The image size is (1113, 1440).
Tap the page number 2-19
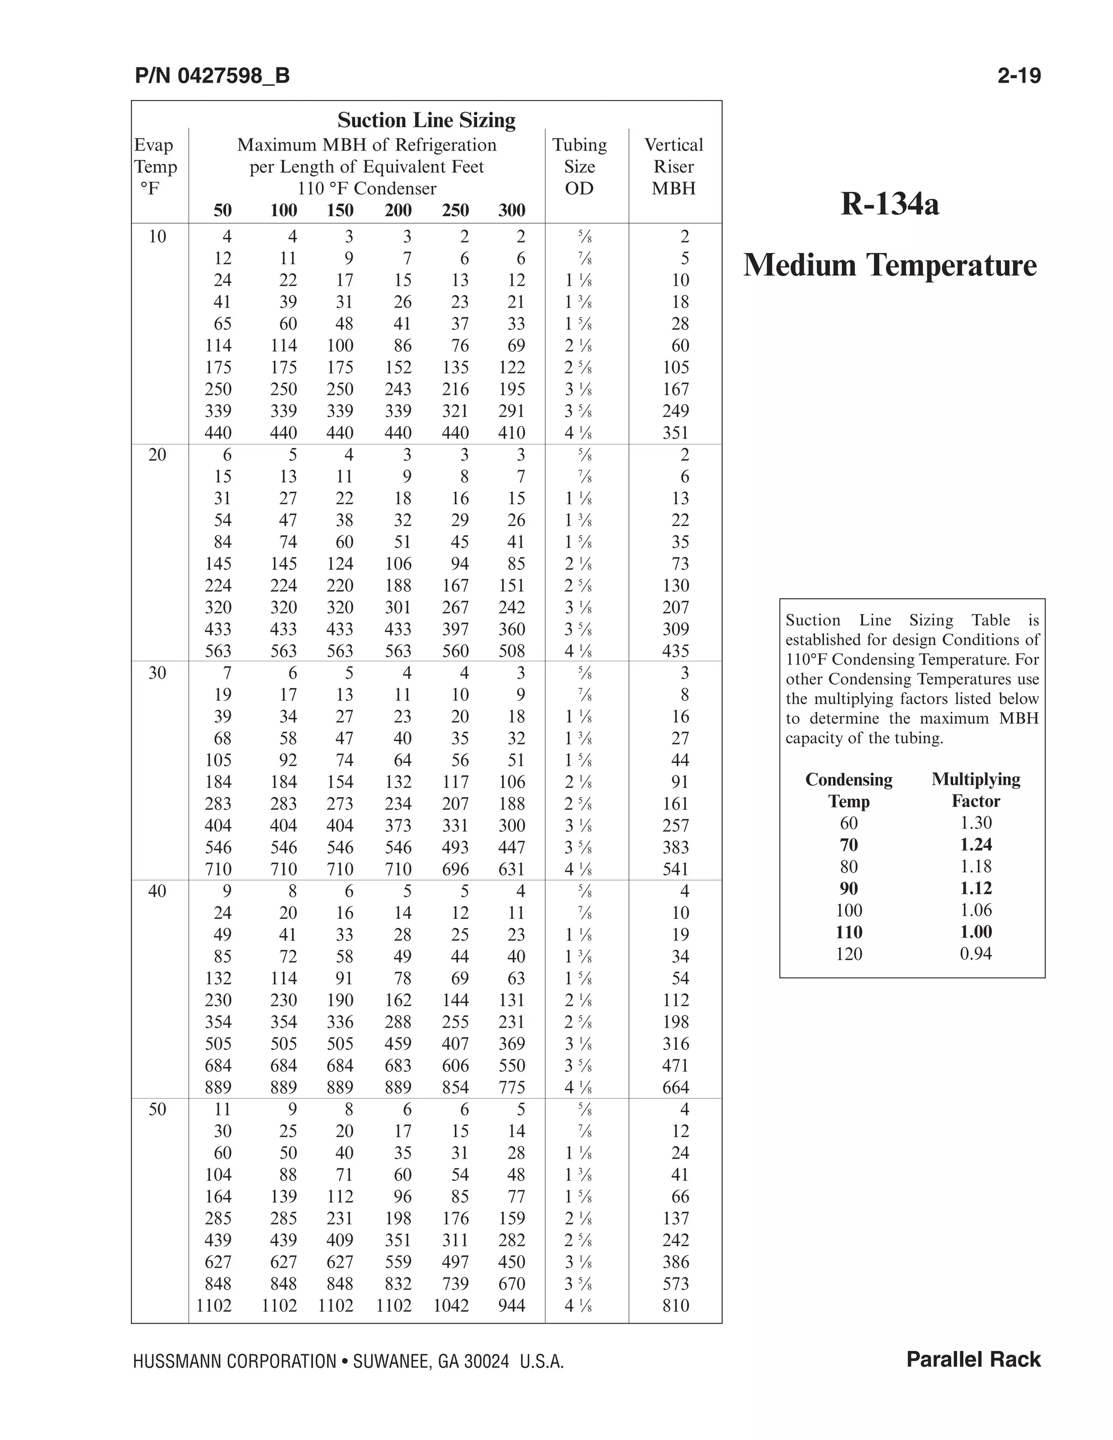tap(1019, 76)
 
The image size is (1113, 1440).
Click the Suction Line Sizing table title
tap(426, 120)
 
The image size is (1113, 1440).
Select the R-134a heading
tap(890, 204)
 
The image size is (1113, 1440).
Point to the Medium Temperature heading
tap(890, 265)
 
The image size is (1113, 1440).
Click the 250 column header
tap(455, 210)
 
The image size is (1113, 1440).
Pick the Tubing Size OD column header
tap(579, 166)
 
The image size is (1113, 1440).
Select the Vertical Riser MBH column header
tap(673, 166)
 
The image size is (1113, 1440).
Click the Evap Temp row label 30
tap(157, 673)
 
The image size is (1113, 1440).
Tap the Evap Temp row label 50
tap(157, 1109)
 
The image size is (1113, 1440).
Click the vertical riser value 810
tap(676, 1305)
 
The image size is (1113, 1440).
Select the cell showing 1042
tap(451, 1305)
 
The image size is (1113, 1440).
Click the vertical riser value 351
tap(676, 433)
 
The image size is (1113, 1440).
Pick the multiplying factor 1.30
tap(976, 823)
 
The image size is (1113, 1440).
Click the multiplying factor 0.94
tap(976, 954)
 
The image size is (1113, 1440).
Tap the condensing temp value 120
tap(848, 954)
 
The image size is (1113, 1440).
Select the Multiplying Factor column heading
tap(976, 790)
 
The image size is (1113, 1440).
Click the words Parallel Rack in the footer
tap(973, 1360)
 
